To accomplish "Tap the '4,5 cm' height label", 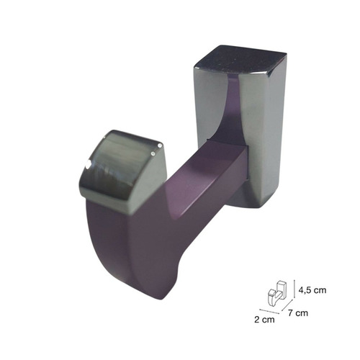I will pyautogui.click(x=314, y=290).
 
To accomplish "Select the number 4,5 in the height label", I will pyautogui.click(x=307, y=290).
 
